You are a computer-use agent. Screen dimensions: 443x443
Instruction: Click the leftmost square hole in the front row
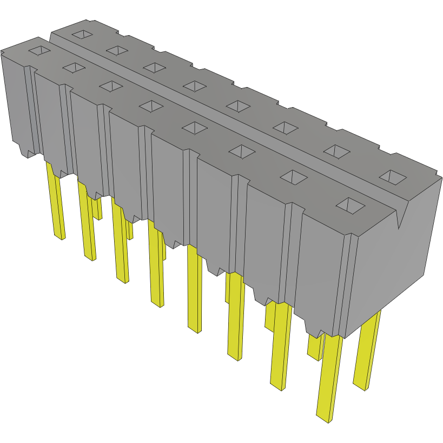(x=39, y=51)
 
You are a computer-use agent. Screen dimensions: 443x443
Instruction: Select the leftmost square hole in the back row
(x=82, y=35)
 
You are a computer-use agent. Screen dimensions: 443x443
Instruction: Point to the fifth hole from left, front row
(x=195, y=127)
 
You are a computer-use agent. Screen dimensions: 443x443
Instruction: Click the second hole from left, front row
(x=74, y=67)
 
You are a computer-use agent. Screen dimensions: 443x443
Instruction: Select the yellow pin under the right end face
(x=367, y=352)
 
